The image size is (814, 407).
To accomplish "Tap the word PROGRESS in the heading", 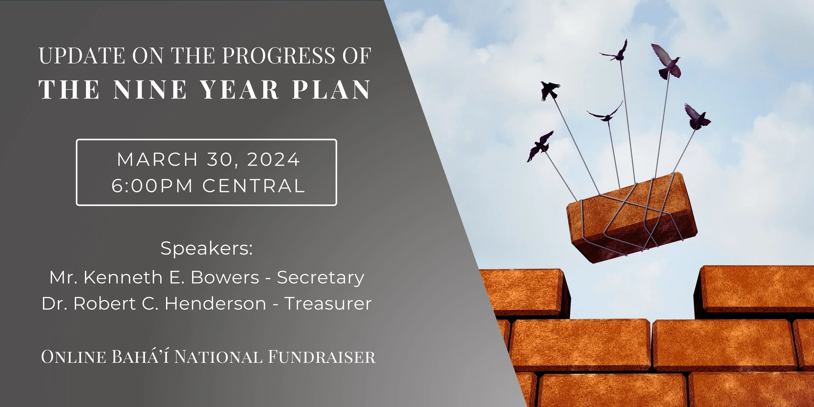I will pos(279,56).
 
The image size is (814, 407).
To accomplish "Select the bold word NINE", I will pos(150,90).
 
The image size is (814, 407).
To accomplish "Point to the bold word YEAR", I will pos(240,90).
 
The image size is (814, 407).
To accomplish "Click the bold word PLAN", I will pos(331,90).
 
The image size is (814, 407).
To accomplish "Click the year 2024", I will pos(274,160).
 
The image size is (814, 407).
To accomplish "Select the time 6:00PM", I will pos(152,186).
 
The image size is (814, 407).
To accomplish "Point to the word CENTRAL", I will pos(254,186).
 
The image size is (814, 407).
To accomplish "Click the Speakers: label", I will pos(206,248).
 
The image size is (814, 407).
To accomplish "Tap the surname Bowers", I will pos(225,277).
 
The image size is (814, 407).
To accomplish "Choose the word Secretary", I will pos(320,277).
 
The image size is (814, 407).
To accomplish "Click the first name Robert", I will pos(105,304).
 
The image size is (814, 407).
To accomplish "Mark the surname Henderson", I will pos(216,304).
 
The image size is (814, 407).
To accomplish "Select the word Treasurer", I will pos(328,304).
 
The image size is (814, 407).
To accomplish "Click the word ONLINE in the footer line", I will pos(74,357).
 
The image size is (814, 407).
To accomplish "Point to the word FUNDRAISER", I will pos(322,357).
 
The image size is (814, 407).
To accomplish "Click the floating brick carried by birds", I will pos(632,218).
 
